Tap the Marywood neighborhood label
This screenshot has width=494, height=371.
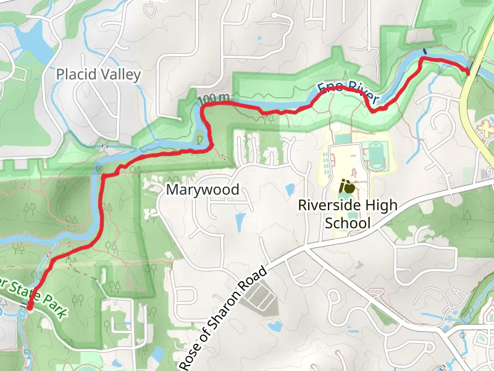click(202, 190)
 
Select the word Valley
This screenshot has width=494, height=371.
click(121, 75)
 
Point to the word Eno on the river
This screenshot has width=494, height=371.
click(328, 88)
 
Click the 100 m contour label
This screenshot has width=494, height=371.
click(214, 98)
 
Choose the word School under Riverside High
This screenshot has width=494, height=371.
click(348, 223)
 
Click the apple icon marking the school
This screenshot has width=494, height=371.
click(347, 185)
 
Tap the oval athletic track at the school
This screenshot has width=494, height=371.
click(375, 155)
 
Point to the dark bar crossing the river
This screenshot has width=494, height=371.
click(424, 51)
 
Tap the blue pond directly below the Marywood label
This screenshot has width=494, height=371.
click(240, 220)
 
